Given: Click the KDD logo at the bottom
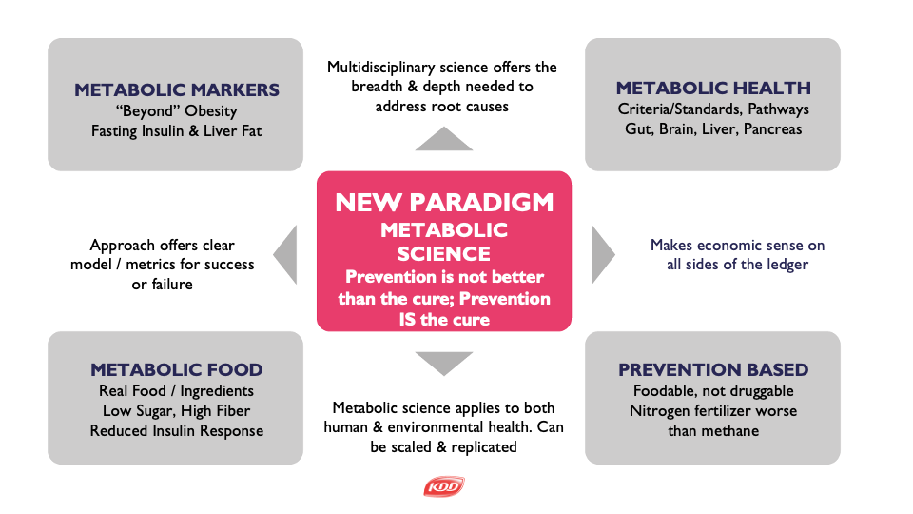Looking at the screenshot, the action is pos(444,486).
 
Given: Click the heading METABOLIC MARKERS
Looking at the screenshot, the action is pos(177,89).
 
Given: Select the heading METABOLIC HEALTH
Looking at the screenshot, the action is pos(713,88).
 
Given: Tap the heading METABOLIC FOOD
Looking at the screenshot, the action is pos(177,369).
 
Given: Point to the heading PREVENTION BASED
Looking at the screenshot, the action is pos(713,369).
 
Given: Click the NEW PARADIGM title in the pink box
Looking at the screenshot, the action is pos(444,203).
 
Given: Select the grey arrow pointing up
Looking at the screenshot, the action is pos(444,139).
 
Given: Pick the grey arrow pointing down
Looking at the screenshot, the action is pos(444,364).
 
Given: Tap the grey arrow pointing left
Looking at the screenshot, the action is pos(285,255).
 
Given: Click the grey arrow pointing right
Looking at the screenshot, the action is pos(603,255).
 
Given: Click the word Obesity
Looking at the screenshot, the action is pos(211,110).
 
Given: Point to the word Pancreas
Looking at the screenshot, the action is pos(772,128).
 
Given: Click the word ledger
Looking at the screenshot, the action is pos(787,265).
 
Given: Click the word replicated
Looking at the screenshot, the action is pos(484,447).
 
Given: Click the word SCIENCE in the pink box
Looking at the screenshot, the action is pos(444,254).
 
